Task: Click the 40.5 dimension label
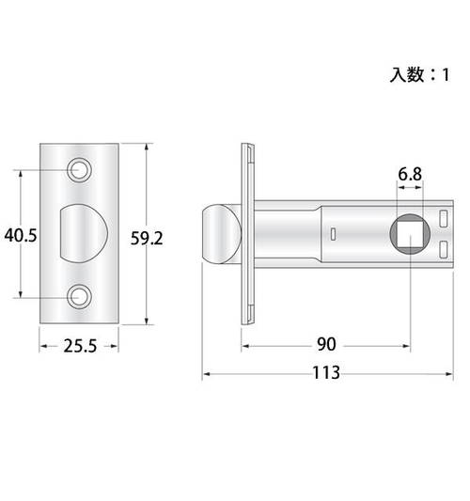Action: [x=21, y=236]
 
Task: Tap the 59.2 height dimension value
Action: [x=147, y=239]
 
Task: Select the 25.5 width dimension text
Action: [x=80, y=346]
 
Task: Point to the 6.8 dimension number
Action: [x=410, y=174]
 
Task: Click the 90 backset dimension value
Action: [x=326, y=344]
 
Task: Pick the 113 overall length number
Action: [x=326, y=372]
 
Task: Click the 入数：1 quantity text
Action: [x=419, y=75]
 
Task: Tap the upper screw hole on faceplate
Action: [x=79, y=169]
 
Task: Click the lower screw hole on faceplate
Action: [x=79, y=297]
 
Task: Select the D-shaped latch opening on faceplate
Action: [x=84, y=233]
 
